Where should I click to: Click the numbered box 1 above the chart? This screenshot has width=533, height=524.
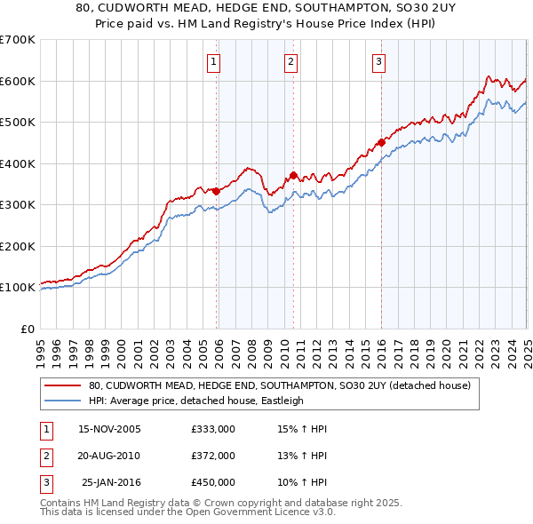pyautogui.click(x=215, y=62)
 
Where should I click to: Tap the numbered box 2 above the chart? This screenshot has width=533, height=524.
pyautogui.click(x=291, y=62)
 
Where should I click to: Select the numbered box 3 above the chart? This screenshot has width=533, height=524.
pyautogui.click(x=379, y=62)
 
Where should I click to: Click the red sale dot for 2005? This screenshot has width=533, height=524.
pyautogui.click(x=216, y=191)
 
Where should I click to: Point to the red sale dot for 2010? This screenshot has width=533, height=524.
pyautogui.click(x=293, y=175)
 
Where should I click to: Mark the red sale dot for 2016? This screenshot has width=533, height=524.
pyautogui.click(x=381, y=142)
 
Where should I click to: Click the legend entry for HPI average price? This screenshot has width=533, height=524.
pyautogui.click(x=195, y=401)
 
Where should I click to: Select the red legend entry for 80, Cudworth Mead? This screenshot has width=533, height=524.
pyautogui.click(x=284, y=385)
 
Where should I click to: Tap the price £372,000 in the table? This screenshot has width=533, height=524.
pyautogui.click(x=213, y=456)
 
